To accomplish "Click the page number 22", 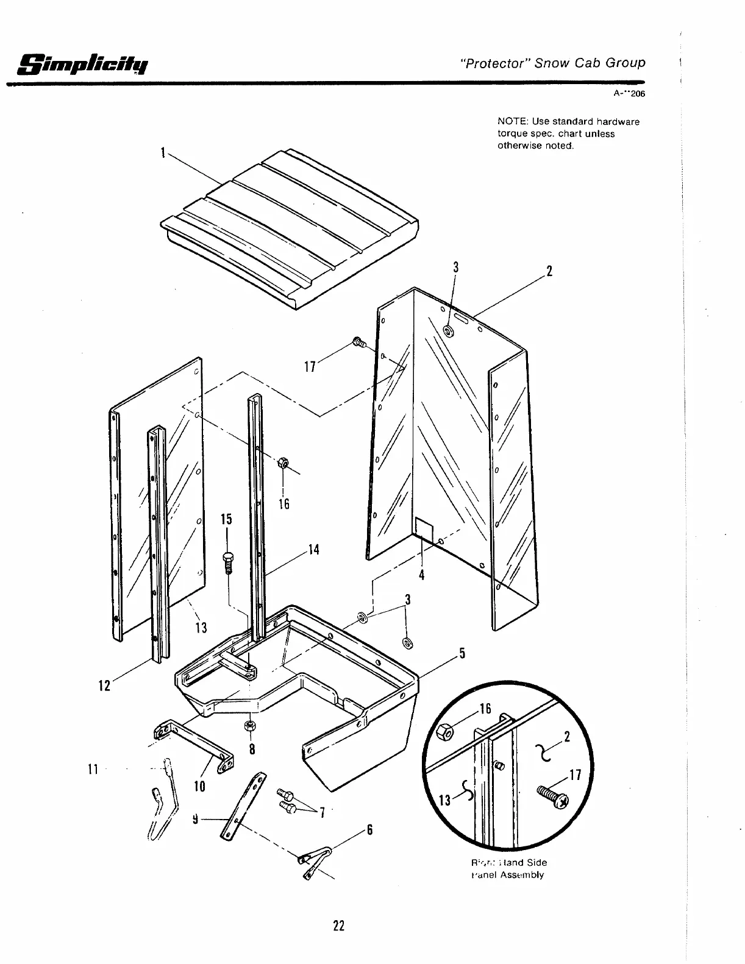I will click(x=339, y=926).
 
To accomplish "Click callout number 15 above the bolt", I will click(x=226, y=520).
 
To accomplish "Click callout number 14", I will click(x=313, y=550).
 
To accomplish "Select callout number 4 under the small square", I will click(x=421, y=575).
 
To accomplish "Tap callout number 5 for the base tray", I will click(x=463, y=654).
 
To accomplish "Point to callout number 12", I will click(x=104, y=686).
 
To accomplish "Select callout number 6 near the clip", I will click(x=369, y=830).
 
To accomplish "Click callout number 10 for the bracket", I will click(x=199, y=786).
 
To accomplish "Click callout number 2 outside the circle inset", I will click(x=549, y=271).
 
